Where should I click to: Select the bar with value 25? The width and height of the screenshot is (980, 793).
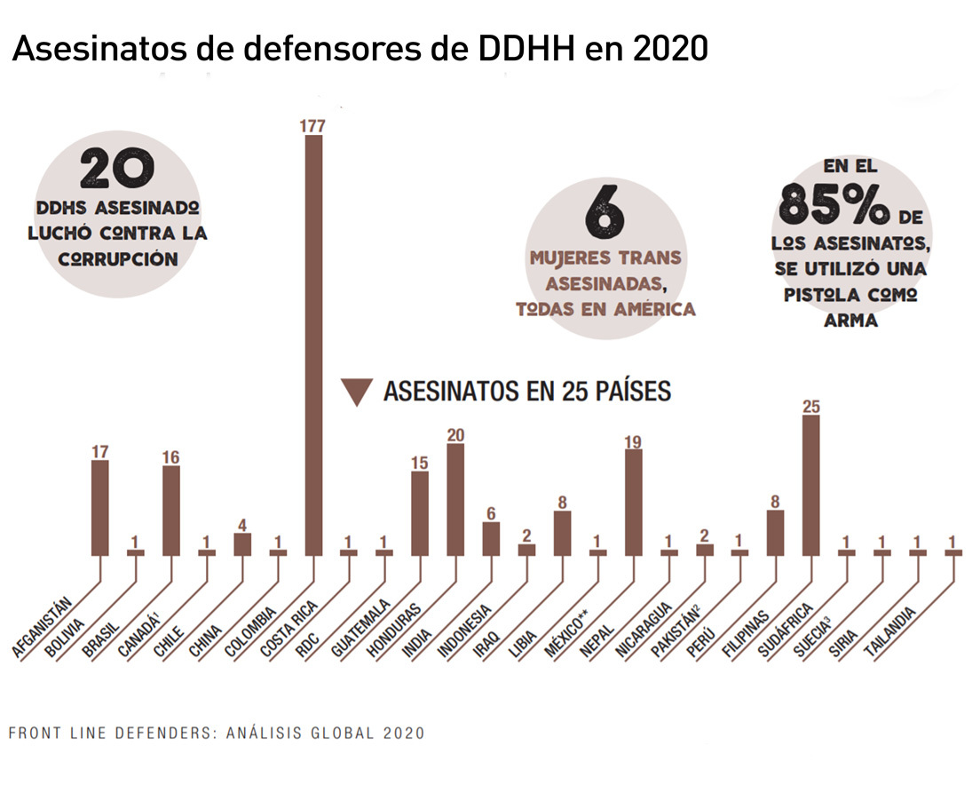coord(810,485)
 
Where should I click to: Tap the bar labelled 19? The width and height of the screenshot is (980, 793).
coord(633,502)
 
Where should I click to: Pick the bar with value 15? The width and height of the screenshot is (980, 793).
coord(420,512)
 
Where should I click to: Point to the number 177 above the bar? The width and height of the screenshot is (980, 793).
coord(313,126)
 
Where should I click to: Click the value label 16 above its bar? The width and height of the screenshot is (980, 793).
coord(171,457)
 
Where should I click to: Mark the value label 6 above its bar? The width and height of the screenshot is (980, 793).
coord(491,513)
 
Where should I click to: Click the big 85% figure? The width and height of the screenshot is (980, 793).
coord(834,204)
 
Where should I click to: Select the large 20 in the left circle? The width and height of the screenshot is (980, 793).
coord(118,169)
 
